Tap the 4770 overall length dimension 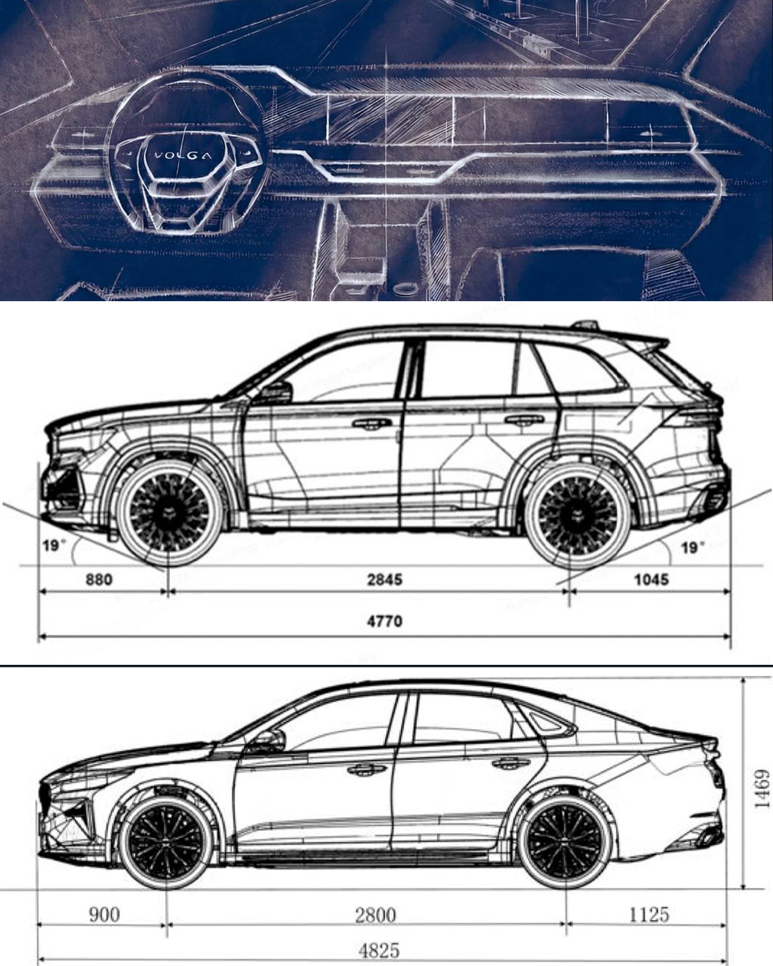384,621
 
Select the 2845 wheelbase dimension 385,579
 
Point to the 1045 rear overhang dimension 651,579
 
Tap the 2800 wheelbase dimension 375,914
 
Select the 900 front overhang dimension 103,914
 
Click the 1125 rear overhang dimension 649,914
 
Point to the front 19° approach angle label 53,546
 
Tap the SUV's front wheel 168,513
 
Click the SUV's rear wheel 577,513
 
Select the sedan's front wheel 166,840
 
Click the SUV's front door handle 371,423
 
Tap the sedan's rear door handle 511,762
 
